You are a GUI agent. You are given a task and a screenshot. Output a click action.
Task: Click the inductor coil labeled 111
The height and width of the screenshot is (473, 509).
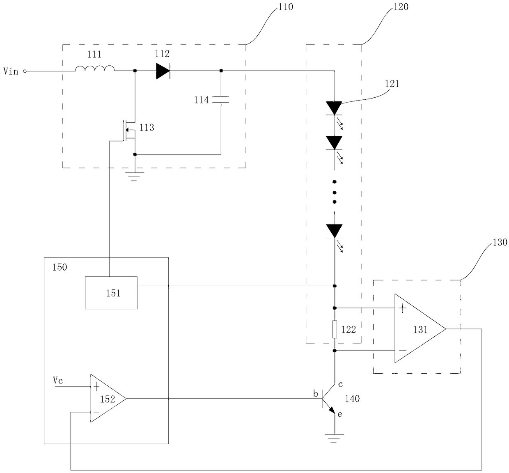click(95, 68)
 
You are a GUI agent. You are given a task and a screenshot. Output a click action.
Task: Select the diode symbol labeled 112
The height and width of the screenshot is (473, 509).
click(163, 71)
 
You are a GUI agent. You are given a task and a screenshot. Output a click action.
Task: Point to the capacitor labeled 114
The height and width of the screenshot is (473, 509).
click(221, 99)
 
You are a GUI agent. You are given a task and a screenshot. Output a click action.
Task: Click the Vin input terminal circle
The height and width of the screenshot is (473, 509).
click(25, 71)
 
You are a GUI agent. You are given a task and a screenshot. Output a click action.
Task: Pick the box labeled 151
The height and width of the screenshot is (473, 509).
click(111, 292)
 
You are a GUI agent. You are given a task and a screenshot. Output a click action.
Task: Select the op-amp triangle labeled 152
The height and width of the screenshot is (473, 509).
click(108, 399)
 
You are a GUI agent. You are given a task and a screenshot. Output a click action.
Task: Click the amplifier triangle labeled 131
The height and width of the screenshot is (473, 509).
click(420, 328)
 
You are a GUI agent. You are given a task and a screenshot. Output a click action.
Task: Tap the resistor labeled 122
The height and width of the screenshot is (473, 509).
click(335, 329)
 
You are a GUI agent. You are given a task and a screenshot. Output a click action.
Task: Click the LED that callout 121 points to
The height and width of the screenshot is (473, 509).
click(334, 108)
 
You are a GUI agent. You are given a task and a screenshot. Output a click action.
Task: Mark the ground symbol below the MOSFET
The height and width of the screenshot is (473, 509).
click(134, 177)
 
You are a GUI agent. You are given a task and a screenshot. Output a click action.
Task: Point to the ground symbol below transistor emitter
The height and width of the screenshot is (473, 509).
click(334, 439)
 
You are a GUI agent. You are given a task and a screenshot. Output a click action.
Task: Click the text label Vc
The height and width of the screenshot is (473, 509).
click(57, 380)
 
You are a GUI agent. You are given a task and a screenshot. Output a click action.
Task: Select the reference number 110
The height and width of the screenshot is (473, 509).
click(286, 7)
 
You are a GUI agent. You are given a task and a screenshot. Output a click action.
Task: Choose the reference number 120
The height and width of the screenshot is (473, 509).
click(401, 7)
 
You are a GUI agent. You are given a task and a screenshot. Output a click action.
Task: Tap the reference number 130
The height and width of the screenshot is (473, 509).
click(500, 242)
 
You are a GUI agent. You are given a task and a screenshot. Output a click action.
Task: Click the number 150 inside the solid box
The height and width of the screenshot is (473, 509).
click(60, 267)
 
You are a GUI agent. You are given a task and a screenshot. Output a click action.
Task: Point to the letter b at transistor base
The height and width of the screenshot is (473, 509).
click(316, 393)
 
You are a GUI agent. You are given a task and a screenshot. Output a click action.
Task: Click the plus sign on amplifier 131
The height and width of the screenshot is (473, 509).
click(403, 308)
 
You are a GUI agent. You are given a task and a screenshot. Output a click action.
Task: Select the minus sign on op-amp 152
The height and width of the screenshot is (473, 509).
click(96, 412)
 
